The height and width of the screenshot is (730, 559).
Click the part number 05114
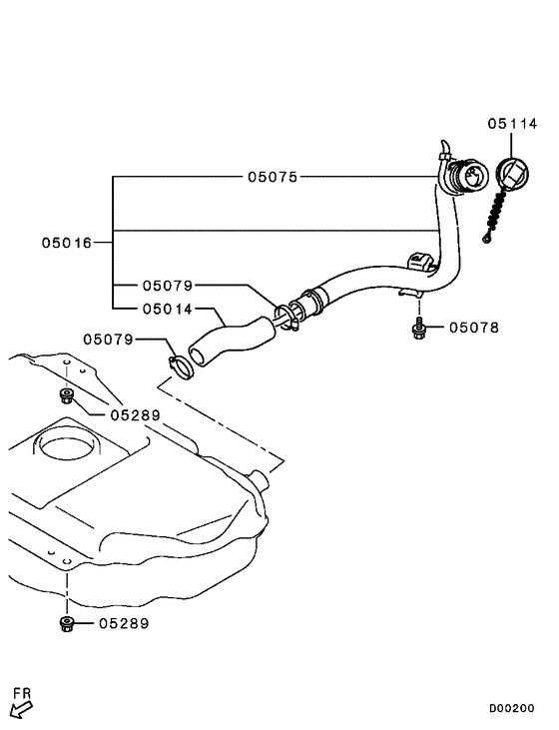point(512,124)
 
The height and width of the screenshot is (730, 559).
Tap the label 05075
point(273,177)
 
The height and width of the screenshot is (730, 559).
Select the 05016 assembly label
point(67,243)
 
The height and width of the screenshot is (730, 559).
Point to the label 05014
point(168,310)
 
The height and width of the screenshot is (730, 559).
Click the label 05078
point(474,328)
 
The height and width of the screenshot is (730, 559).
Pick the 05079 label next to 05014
point(168,286)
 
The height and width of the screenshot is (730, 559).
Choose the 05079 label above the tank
point(109,340)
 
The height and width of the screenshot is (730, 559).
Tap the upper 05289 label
point(136,414)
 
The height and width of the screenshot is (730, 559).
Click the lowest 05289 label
point(124,623)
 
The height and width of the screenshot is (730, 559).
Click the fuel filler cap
point(512,176)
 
